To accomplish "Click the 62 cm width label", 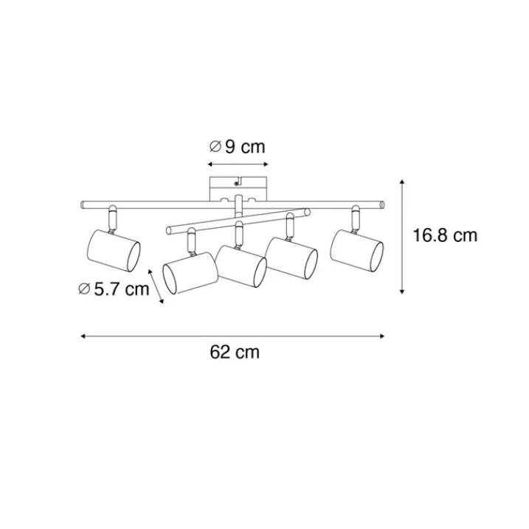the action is click(x=235, y=352).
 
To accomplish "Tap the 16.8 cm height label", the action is click(x=445, y=235).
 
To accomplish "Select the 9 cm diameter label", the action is click(x=238, y=147).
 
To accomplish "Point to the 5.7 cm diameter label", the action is click(x=114, y=289).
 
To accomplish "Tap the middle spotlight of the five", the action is click(x=241, y=266).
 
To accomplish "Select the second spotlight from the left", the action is click(x=190, y=273).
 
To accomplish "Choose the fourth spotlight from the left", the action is click(x=292, y=258).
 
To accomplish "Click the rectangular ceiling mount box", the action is click(x=238, y=189).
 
